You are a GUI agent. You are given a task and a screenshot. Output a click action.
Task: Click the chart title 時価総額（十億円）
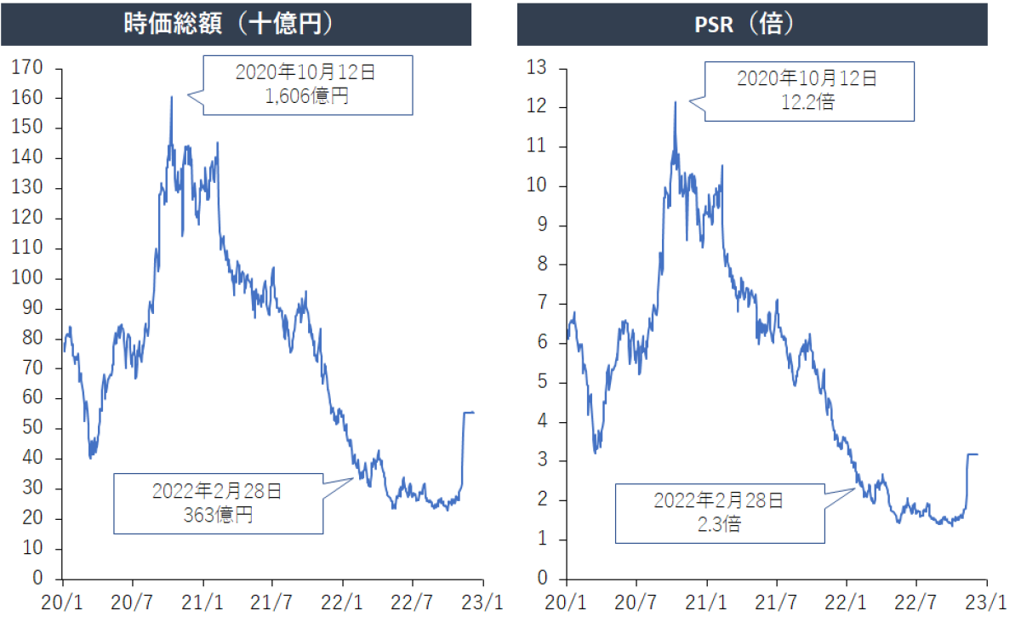(x=236, y=24)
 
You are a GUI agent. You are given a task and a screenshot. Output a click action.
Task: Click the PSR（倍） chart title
(x=752, y=24)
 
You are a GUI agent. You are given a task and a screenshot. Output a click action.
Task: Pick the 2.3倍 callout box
(x=719, y=511)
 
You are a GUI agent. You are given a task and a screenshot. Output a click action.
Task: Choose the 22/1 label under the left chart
(x=343, y=603)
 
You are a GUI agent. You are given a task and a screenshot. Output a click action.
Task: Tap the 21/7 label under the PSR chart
(x=777, y=603)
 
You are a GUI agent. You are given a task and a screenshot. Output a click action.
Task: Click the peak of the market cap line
(x=171, y=97)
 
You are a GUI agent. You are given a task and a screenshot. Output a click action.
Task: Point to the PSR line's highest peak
(x=676, y=102)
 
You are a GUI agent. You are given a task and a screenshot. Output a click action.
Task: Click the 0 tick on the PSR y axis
(x=548, y=579)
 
